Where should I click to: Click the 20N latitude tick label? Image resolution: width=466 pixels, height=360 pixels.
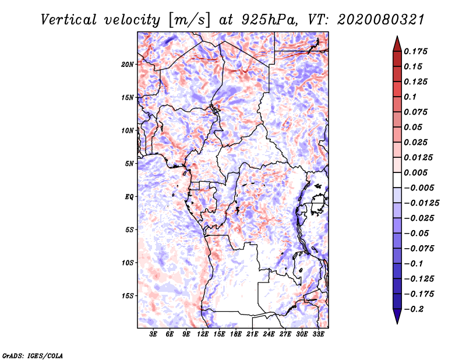[127, 65]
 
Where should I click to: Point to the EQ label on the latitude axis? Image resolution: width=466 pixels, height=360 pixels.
[129, 197]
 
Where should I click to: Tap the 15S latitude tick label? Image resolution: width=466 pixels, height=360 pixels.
[127, 296]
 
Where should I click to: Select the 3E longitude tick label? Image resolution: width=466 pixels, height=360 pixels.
[153, 334]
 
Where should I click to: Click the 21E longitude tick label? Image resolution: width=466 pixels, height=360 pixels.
[252, 334]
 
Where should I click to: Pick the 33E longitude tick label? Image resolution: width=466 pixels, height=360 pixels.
[318, 334]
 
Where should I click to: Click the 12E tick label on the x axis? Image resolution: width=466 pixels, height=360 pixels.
[203, 334]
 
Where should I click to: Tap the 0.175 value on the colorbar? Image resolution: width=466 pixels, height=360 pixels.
[415, 51]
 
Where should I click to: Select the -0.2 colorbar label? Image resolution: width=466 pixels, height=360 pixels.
[414, 309]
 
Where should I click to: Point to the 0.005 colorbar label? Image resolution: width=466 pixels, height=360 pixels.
[415, 172]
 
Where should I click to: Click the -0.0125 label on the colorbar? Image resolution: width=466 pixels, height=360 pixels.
[421, 203]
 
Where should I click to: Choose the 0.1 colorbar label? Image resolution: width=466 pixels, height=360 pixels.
[410, 97]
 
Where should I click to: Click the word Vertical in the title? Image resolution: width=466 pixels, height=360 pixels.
[68, 20]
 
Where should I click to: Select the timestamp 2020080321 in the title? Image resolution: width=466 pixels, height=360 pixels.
[381, 20]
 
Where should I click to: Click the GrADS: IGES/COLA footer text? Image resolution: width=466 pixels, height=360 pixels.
[33, 356]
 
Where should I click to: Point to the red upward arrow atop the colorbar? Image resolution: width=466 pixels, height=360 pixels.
[397, 44]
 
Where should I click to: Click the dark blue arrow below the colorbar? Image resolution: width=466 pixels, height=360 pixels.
[397, 316]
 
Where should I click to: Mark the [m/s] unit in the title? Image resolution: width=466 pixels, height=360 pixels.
[189, 20]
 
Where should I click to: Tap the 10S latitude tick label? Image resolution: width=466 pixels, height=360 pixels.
[127, 263]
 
